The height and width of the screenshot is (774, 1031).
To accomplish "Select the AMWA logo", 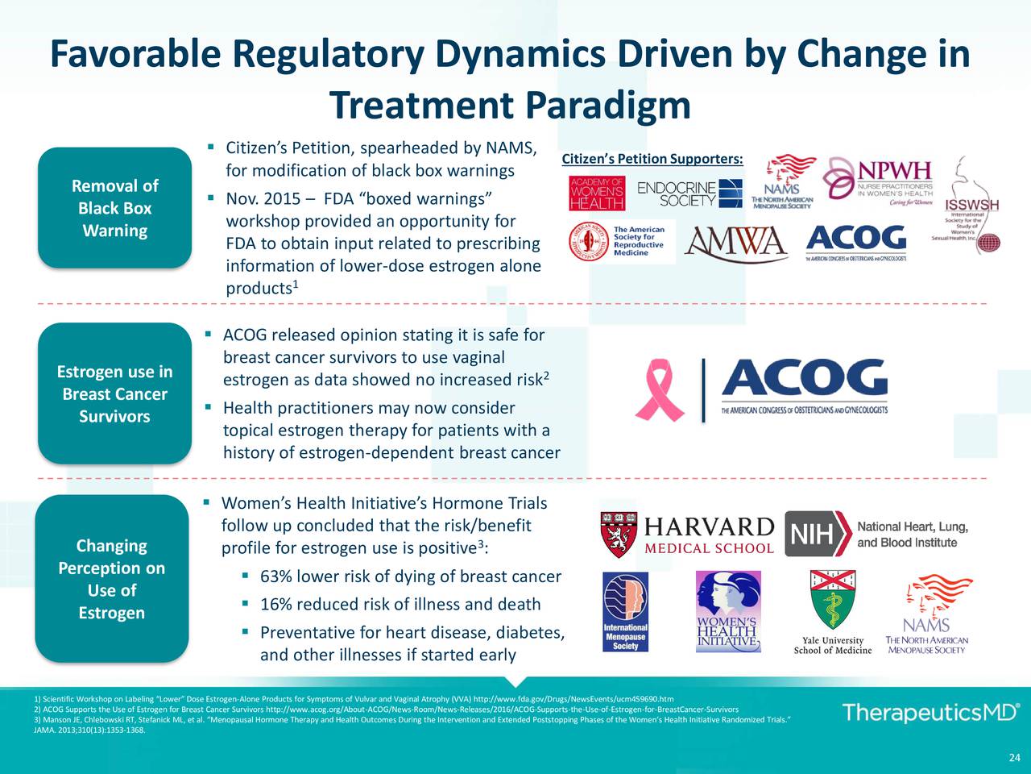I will click(x=736, y=243).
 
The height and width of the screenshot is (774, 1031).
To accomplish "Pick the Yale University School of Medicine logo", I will click(x=833, y=613).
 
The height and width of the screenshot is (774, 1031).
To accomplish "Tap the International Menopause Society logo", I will click(x=625, y=612).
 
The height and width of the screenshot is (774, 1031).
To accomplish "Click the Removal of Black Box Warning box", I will click(x=114, y=208).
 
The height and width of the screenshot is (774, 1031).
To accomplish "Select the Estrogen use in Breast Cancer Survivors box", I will click(x=114, y=394).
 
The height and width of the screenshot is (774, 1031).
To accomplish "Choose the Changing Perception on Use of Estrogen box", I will click(x=112, y=579).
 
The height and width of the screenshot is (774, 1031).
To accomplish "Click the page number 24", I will click(x=1014, y=756).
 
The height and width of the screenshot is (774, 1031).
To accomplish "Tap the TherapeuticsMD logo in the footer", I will click(x=930, y=713).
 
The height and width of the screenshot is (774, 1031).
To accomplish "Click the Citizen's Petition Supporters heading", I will click(x=652, y=159).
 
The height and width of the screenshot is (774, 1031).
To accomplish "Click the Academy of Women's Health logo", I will click(x=597, y=193).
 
